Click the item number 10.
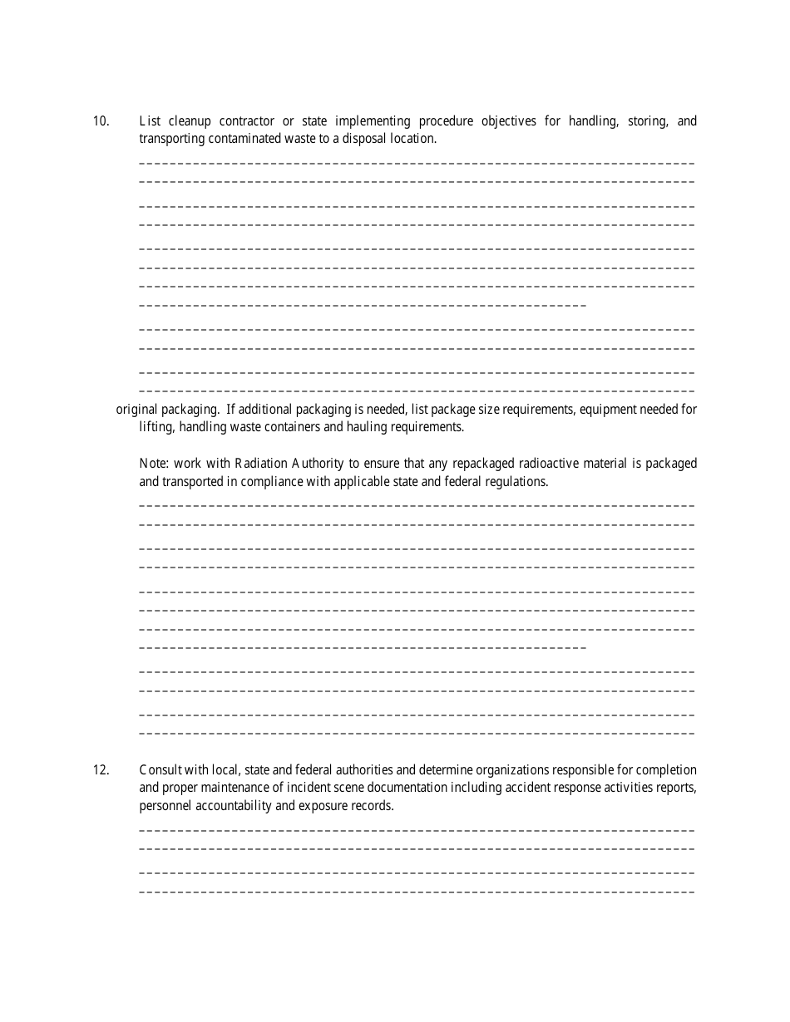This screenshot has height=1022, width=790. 101,121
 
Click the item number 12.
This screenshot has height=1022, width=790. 101,770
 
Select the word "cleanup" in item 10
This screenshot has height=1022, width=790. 190,121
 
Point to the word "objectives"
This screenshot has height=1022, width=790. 509,121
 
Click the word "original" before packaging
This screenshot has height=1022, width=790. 136,409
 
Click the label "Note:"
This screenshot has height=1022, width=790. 155,463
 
